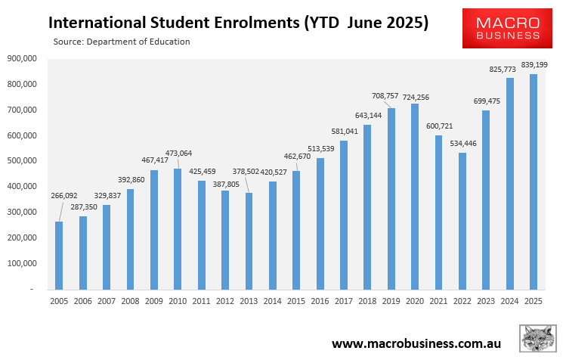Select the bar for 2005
pos(60,244)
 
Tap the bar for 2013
pos(249,241)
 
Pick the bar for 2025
pos(534,182)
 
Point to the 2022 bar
pos(462,221)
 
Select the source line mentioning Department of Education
pos(122,42)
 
